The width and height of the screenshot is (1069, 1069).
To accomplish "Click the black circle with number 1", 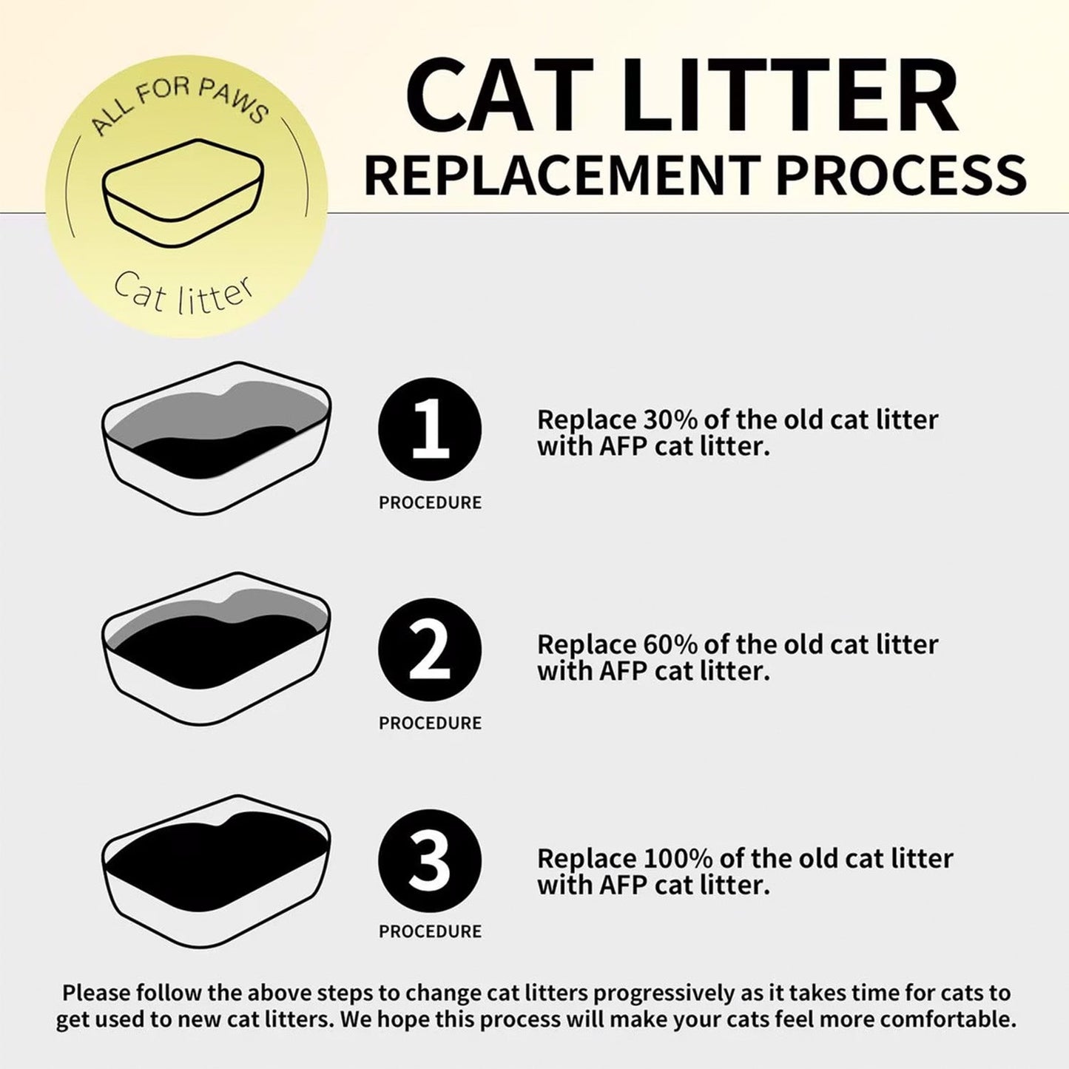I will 430,429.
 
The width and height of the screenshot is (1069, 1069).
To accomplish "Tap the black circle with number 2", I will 430,650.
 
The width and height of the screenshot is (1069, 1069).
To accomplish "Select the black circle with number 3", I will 430,861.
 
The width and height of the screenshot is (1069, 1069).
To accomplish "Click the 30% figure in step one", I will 670,419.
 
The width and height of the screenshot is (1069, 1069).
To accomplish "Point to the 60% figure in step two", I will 670,644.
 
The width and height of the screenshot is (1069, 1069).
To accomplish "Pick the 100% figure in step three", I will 678,858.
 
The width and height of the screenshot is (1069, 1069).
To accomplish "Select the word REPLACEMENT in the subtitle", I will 562,175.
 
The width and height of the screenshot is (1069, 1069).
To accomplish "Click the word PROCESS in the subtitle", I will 900,175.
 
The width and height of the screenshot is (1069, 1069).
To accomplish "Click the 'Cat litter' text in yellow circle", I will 183,293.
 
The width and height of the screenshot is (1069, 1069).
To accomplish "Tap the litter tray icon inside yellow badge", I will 183,192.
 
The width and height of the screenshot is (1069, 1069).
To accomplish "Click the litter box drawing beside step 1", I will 216,438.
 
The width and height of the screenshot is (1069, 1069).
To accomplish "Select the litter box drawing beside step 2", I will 216,648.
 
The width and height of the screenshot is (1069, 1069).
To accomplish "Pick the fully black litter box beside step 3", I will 216,870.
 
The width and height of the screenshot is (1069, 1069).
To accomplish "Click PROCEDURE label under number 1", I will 430,503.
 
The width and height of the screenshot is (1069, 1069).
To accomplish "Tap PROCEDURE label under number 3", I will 430,932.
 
